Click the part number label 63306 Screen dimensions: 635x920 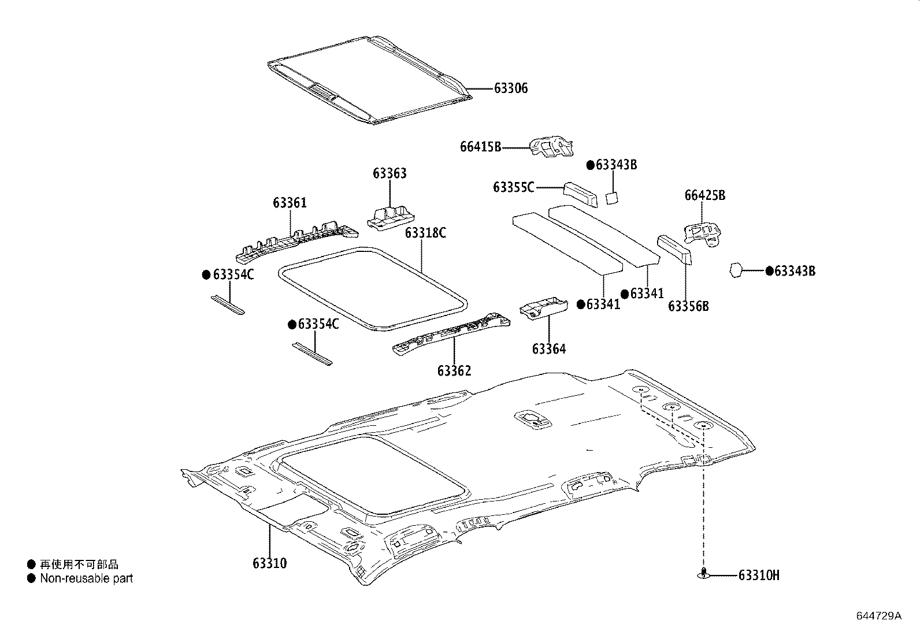coord(511,88)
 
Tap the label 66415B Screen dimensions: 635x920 coord(480,147)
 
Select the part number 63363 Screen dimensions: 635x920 coord(389,173)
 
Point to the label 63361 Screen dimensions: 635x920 coord(290,203)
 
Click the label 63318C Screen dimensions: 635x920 coord(425,233)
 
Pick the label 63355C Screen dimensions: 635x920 coord(513,187)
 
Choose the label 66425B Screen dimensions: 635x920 coord(705,195)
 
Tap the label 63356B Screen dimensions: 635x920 coord(688,306)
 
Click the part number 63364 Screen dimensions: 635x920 coord(549,349)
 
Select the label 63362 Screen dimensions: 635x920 coord(454,371)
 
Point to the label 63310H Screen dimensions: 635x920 coord(759,575)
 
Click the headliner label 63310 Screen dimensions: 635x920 coord(269,563)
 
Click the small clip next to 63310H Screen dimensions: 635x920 coord(703,573)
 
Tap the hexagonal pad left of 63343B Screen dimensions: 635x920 coord(735,270)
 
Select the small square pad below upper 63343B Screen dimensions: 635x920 coord(611,198)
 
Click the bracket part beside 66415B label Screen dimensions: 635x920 coord(552,147)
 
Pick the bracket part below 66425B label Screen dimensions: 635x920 coord(704,233)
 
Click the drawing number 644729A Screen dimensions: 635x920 coord(878,616)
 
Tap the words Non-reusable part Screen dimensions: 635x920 coord(86,578)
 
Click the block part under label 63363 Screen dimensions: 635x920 coord(391,217)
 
